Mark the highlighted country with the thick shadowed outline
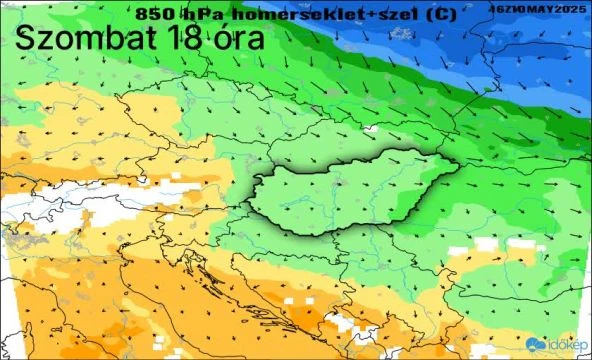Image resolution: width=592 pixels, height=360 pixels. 350,195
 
